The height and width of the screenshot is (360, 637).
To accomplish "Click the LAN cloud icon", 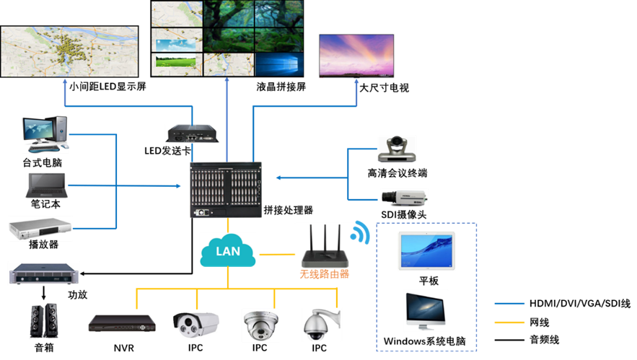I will pyautogui.click(x=228, y=251).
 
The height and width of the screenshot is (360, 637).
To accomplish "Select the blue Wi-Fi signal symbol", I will pyautogui.click(x=359, y=233).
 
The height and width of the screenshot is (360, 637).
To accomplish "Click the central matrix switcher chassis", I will pyautogui.click(x=227, y=190).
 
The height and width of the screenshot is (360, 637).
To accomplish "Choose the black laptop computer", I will pyautogui.click(x=47, y=185).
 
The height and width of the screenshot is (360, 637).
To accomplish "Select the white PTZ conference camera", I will pyautogui.click(x=397, y=148).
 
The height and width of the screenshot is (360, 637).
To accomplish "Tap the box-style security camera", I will pyautogui.click(x=404, y=197).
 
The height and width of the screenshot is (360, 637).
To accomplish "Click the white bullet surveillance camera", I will pyautogui.click(x=195, y=324).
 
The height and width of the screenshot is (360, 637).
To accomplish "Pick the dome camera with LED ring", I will pyautogui.click(x=260, y=325).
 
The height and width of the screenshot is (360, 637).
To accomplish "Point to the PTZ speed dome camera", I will pyautogui.click(x=321, y=324).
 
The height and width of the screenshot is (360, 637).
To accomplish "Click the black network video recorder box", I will pyautogui.click(x=122, y=323).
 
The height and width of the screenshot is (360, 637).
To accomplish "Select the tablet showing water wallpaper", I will pyautogui.click(x=426, y=250).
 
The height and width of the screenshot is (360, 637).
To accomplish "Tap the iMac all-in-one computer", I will pyautogui.click(x=426, y=310).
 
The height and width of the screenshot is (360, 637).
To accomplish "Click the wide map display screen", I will pyautogui.click(x=69, y=51).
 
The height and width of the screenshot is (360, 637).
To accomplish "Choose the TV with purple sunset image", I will pyautogui.click(x=356, y=55).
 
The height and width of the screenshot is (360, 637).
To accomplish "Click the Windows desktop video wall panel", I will pyautogui.click(x=278, y=63).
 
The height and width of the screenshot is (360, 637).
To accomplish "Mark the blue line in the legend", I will pyautogui.click(x=509, y=304).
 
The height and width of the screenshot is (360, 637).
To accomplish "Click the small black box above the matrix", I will pyautogui.click(x=192, y=133).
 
